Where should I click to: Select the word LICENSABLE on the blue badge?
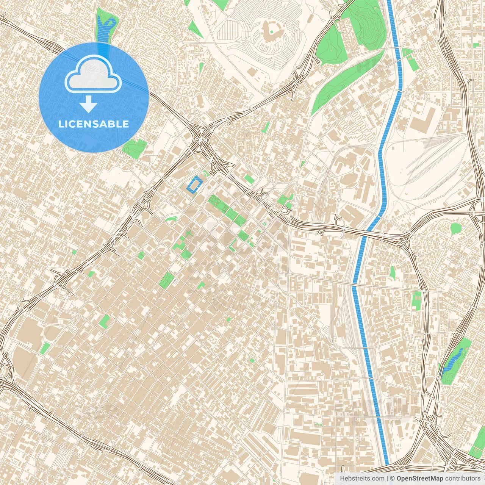93,124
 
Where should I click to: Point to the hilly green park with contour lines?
366,23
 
